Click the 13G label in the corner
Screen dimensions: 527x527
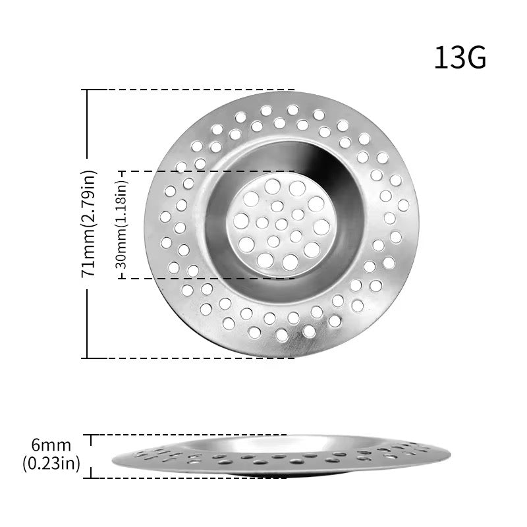460,58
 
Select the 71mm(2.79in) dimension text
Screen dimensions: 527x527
90,224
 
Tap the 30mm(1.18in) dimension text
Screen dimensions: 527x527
122,225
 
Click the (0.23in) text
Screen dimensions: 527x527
51,463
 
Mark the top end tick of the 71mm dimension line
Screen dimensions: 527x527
88,90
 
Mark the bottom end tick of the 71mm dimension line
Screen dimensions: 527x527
88,358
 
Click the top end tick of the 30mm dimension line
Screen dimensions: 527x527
122,171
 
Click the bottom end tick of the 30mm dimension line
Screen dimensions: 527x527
122,279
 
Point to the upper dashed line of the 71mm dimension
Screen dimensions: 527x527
198,90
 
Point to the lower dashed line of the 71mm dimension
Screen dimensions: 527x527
198,358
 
